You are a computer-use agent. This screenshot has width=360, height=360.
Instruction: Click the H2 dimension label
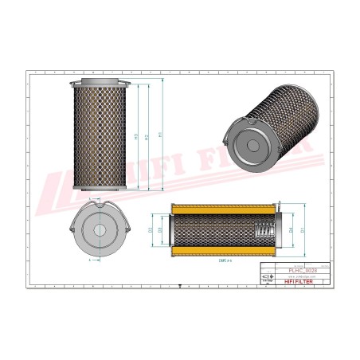tap(147, 135)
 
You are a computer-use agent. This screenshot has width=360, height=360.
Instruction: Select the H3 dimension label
tap(135, 136)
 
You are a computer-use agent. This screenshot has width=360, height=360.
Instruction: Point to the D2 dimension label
tap(152, 231)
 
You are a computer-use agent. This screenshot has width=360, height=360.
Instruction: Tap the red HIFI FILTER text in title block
tap(304, 282)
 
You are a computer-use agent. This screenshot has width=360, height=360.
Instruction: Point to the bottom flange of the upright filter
tap(99, 188)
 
